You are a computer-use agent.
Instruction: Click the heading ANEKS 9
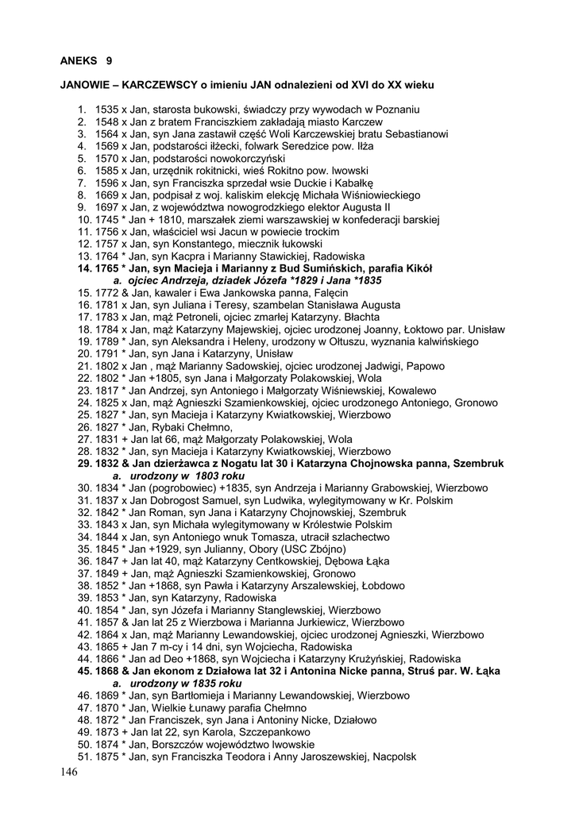87,59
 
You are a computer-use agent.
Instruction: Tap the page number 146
69,773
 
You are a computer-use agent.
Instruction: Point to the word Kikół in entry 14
415,268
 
